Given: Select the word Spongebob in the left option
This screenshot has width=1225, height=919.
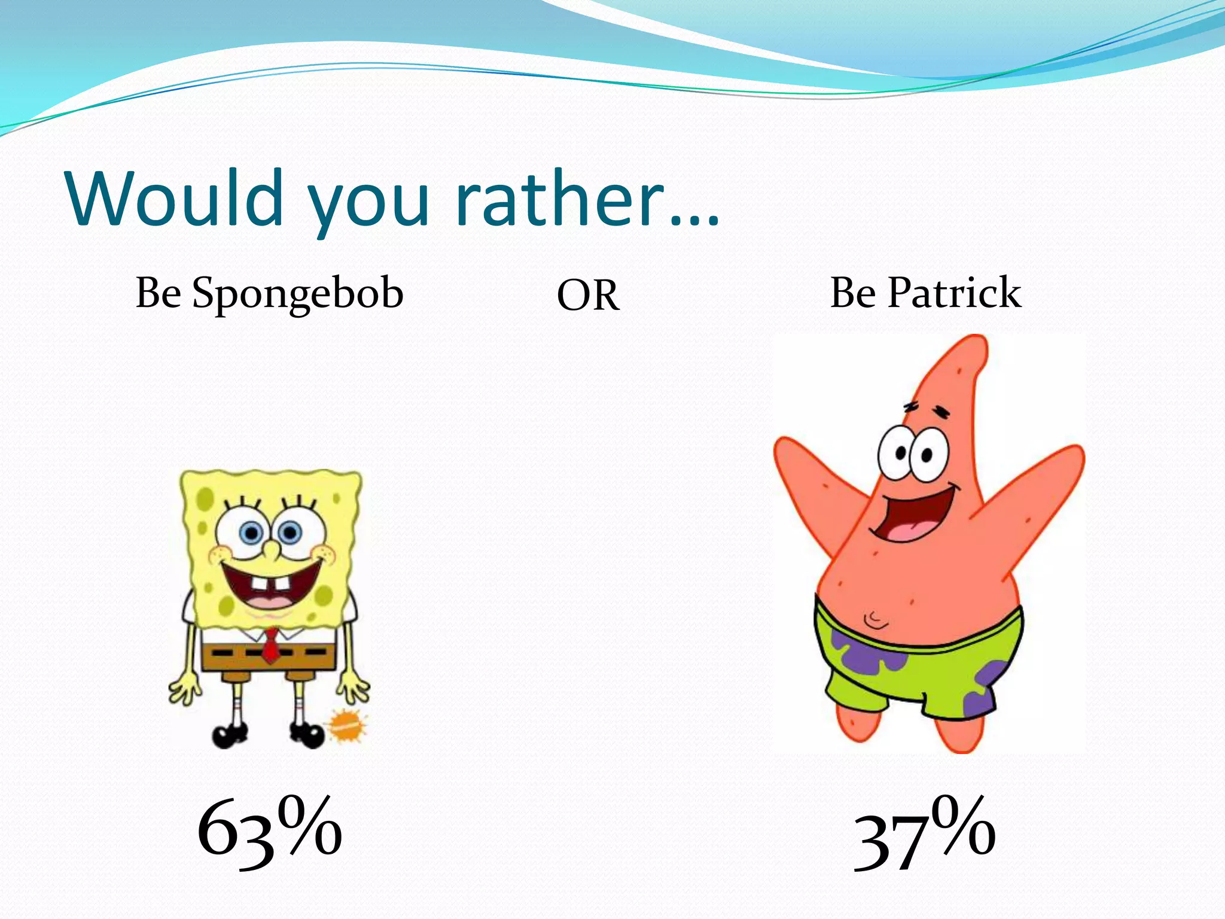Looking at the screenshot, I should (297, 294).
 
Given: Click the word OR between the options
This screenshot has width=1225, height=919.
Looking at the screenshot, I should (588, 296).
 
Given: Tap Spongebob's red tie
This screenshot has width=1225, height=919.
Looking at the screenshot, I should (271, 644).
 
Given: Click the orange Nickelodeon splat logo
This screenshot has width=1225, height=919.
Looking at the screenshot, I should (346, 726).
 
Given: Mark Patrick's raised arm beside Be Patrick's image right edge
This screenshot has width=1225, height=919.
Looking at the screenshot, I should (1041, 497).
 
